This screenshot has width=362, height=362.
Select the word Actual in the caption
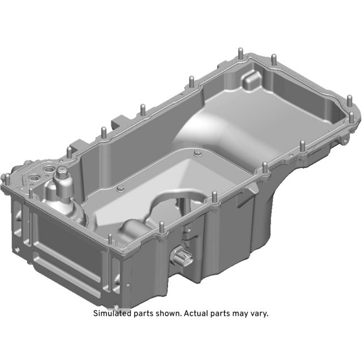pyautogui.click(x=196, y=313)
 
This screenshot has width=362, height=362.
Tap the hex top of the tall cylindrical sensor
pyautogui.click(x=62, y=171)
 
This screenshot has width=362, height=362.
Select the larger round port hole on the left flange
pyautogui.click(x=34, y=178)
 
